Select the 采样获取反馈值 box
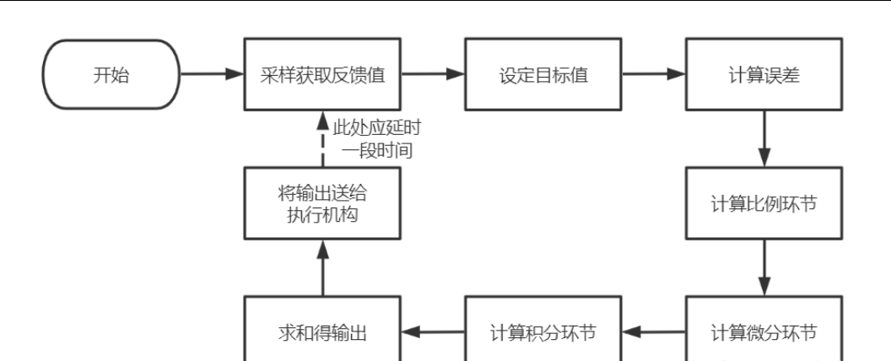coord(323,74)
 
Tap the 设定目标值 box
coord(543,74)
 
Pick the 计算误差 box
coord(764,74)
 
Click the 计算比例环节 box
coord(764,203)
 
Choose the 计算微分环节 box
coord(764,331)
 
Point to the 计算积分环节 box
coord(543,331)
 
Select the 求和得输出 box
coord(323,331)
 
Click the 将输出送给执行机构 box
coord(323,203)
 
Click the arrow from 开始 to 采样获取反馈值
coord(212,74)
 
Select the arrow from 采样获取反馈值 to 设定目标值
coord(433,74)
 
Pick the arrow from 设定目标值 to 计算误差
coord(653,74)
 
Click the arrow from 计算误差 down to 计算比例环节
coord(764,138)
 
